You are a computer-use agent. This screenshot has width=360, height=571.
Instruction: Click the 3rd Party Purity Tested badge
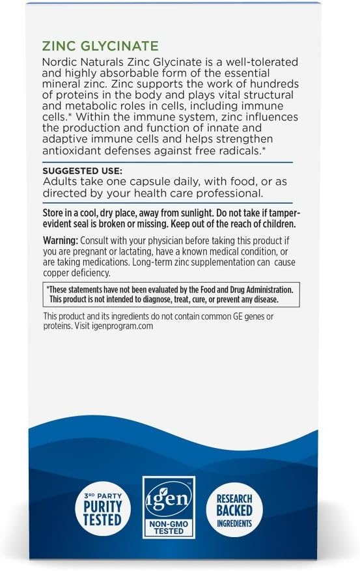pos(102,507)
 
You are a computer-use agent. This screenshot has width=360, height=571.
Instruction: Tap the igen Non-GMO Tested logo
pos(169,506)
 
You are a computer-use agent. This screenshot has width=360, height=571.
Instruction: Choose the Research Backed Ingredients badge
pos(234,507)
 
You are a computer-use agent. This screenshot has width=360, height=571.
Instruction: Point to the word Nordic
pos(59,61)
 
